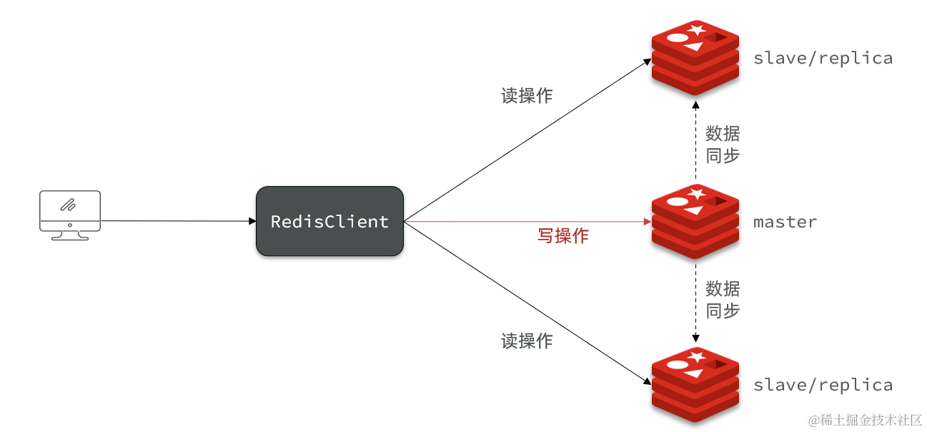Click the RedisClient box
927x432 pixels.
(x=329, y=222)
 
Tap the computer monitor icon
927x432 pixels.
(x=69, y=215)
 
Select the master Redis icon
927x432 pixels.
(x=694, y=221)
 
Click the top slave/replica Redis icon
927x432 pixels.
(x=694, y=58)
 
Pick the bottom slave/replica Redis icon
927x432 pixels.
(x=694, y=384)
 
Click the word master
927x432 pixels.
(x=785, y=222)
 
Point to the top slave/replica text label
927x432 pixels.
(x=823, y=58)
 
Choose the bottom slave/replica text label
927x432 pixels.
(x=823, y=385)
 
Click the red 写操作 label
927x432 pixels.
(x=562, y=236)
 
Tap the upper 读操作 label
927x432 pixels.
(x=527, y=96)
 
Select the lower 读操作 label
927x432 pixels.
(x=527, y=341)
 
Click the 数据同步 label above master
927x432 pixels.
(x=723, y=144)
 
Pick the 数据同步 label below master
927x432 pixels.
(x=723, y=300)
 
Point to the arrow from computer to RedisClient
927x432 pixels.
(x=179, y=221)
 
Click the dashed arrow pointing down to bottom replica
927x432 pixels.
(x=695, y=300)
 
